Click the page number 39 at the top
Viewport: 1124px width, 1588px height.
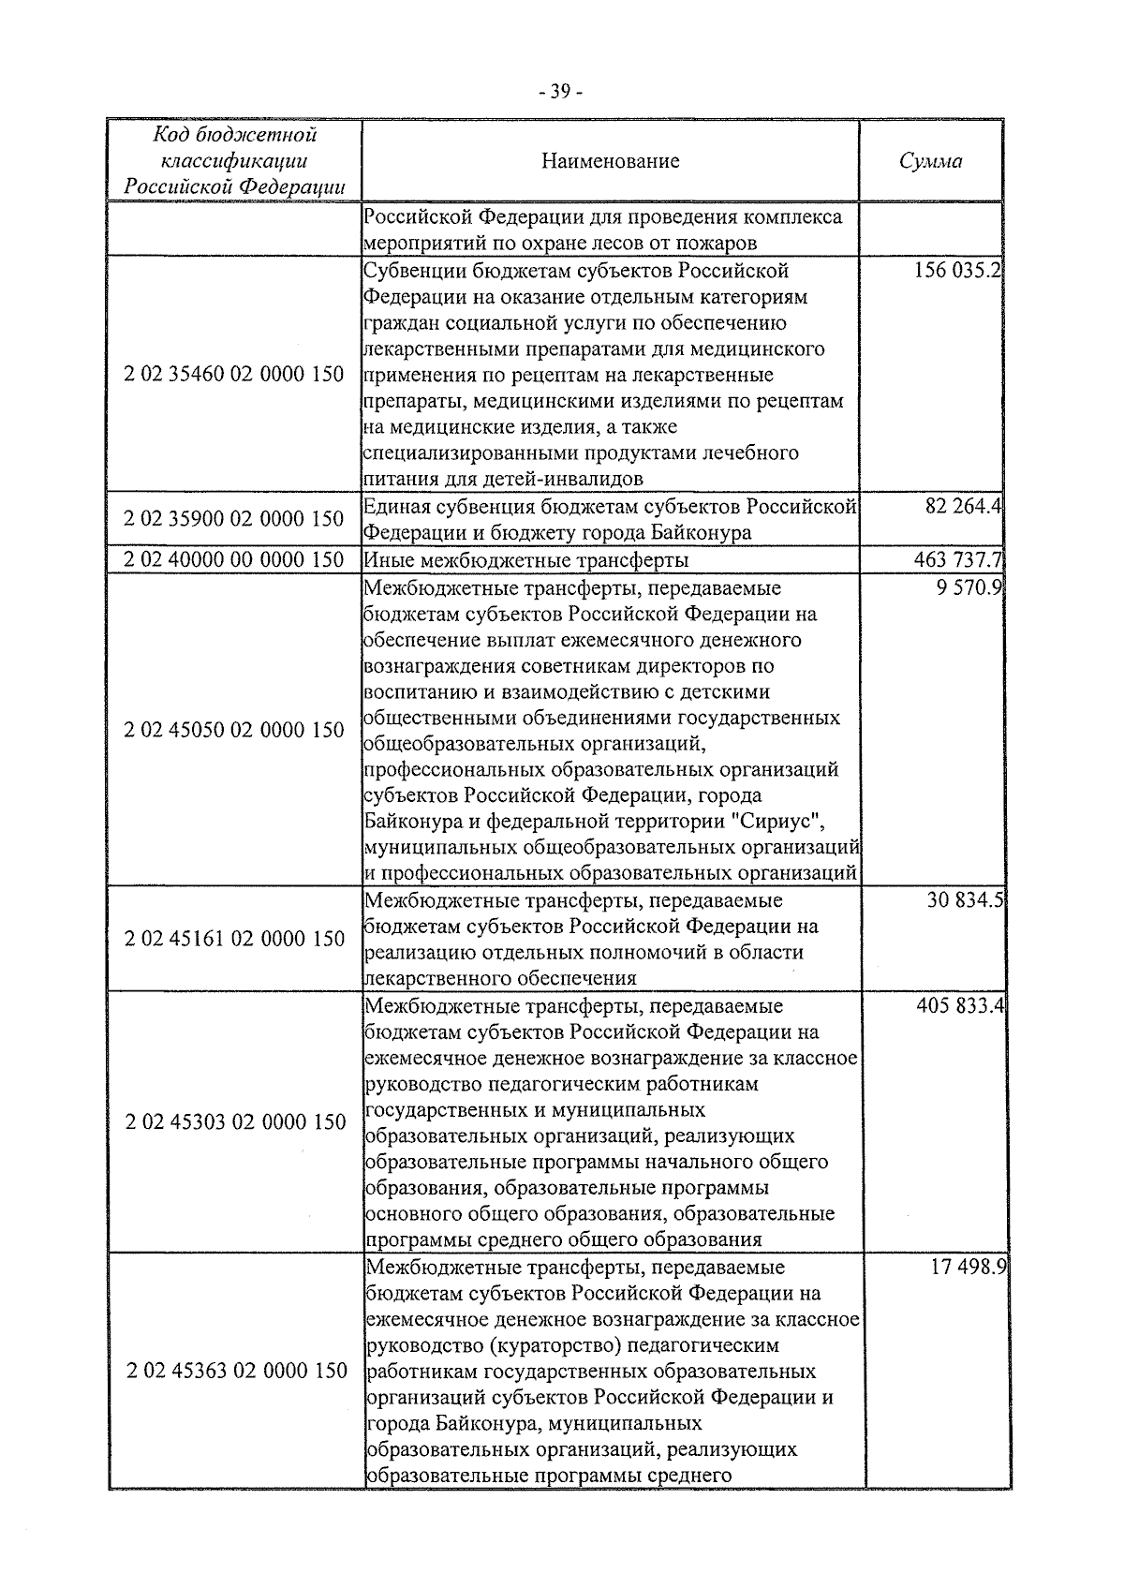(x=561, y=91)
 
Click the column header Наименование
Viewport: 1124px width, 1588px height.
(x=611, y=161)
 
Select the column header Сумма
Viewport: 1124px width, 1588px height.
(x=930, y=161)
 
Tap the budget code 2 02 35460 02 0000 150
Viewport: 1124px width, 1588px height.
(x=234, y=375)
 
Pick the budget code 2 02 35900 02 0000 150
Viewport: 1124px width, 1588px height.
(x=234, y=519)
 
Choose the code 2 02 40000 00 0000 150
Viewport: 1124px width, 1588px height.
(x=234, y=560)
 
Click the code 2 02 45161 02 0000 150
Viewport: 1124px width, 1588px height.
(x=234, y=938)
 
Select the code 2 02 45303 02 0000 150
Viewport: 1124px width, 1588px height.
(x=234, y=1121)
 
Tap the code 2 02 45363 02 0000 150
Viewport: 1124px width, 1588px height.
(x=234, y=1371)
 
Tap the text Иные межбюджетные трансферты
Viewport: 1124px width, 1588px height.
(x=525, y=560)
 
